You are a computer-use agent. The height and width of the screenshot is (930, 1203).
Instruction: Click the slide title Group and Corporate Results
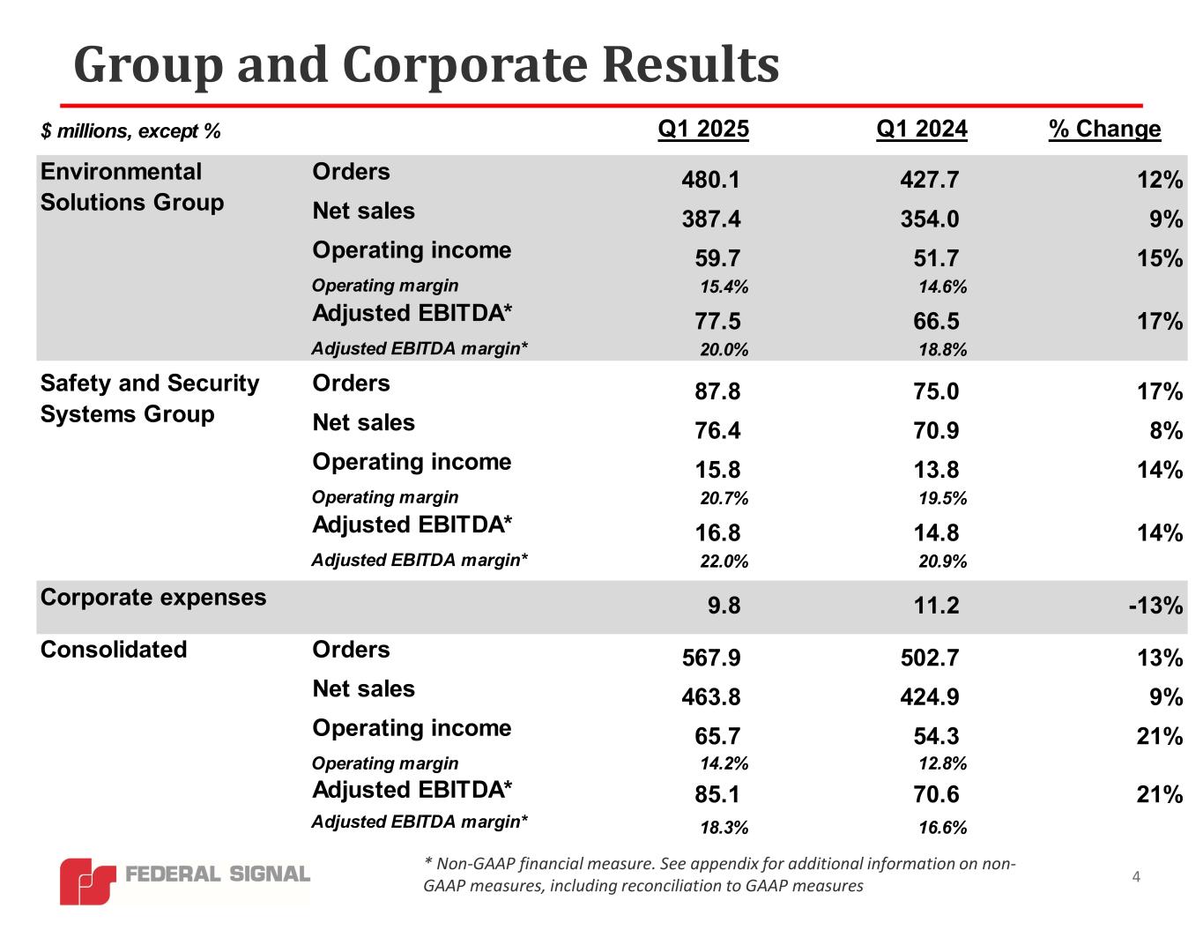427,64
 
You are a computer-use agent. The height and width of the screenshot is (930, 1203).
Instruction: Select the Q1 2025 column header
703,130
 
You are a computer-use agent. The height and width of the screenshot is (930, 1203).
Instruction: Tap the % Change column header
1104,130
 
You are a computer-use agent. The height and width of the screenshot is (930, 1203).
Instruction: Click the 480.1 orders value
710,181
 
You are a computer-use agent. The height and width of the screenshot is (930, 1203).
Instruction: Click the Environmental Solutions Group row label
132,187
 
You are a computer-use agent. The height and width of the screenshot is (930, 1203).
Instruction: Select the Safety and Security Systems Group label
150,398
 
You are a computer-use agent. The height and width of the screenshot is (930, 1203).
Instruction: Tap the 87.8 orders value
717,392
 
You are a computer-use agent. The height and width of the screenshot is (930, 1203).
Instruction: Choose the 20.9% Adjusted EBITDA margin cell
942,562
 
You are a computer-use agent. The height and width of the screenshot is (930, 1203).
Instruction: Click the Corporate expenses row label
153,598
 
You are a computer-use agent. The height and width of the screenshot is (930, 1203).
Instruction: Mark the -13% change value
1157,606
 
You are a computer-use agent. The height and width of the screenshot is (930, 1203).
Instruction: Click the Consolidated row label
114,650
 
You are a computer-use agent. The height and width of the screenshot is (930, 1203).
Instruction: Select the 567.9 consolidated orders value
710,658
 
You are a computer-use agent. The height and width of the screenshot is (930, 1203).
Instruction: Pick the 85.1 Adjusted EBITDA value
717,795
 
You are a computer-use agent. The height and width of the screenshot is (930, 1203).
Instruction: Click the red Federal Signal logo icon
86,881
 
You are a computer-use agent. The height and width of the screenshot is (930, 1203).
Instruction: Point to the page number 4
1136,876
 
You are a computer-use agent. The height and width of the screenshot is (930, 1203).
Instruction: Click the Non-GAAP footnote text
719,874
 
